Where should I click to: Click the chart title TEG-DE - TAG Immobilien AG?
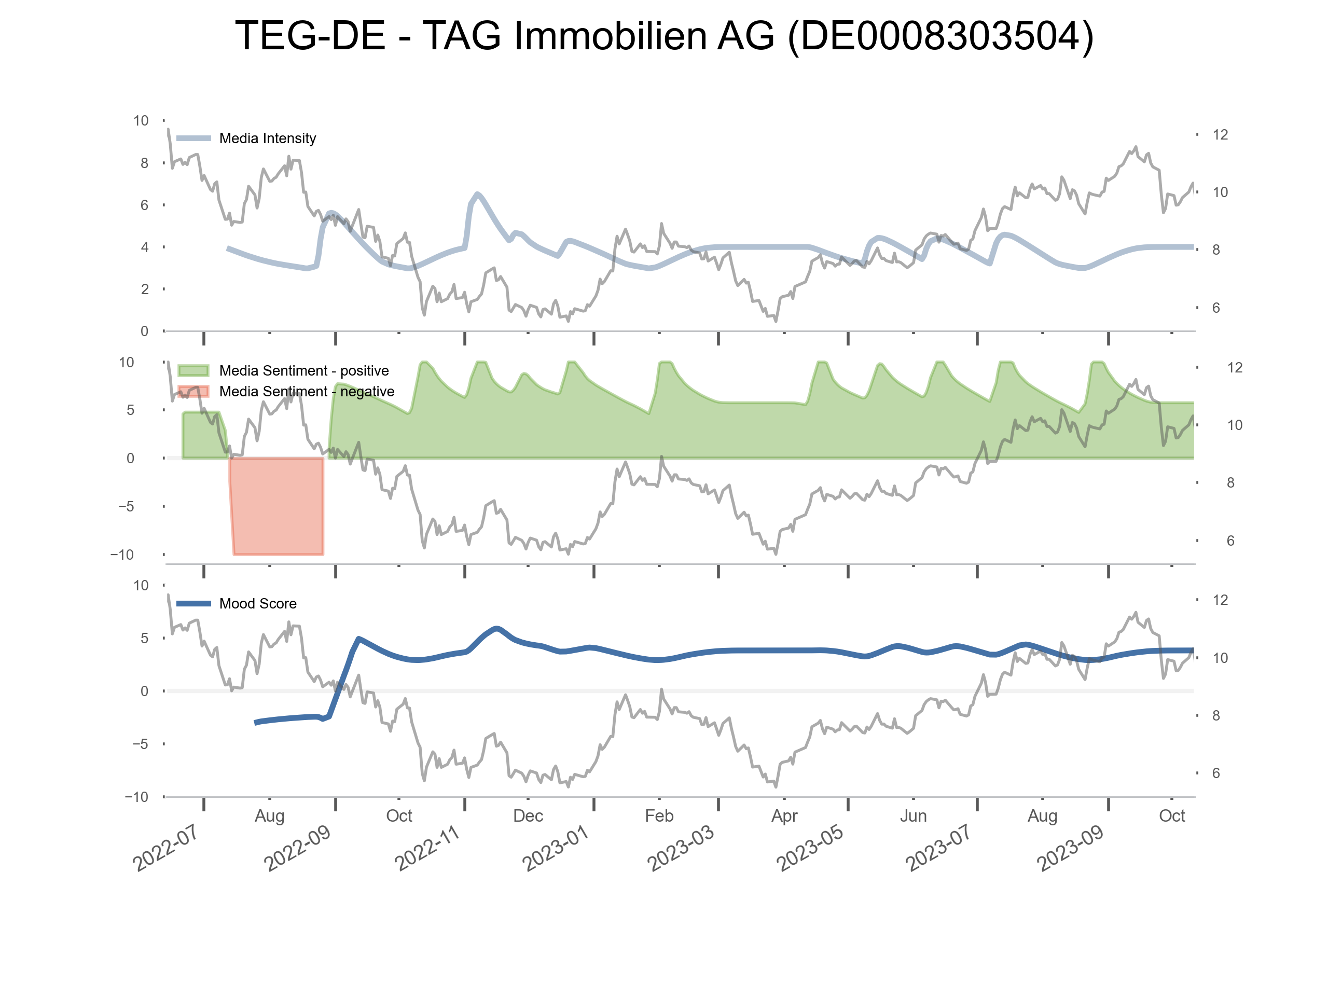click(664, 36)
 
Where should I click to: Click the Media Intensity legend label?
click(267, 139)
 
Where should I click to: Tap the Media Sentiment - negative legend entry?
click(306, 392)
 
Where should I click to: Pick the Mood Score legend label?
click(257, 603)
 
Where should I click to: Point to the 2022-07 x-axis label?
click(165, 848)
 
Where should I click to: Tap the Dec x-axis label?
click(528, 816)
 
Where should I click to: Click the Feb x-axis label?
click(659, 816)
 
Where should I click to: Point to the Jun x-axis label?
click(913, 816)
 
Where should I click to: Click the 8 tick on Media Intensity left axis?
click(144, 163)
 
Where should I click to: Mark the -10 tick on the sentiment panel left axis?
click(122, 555)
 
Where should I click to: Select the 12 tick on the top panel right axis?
click(1220, 134)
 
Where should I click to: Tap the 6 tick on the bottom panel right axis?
click(1216, 773)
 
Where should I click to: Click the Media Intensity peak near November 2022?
click(477, 194)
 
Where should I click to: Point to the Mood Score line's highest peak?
click(496, 629)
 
